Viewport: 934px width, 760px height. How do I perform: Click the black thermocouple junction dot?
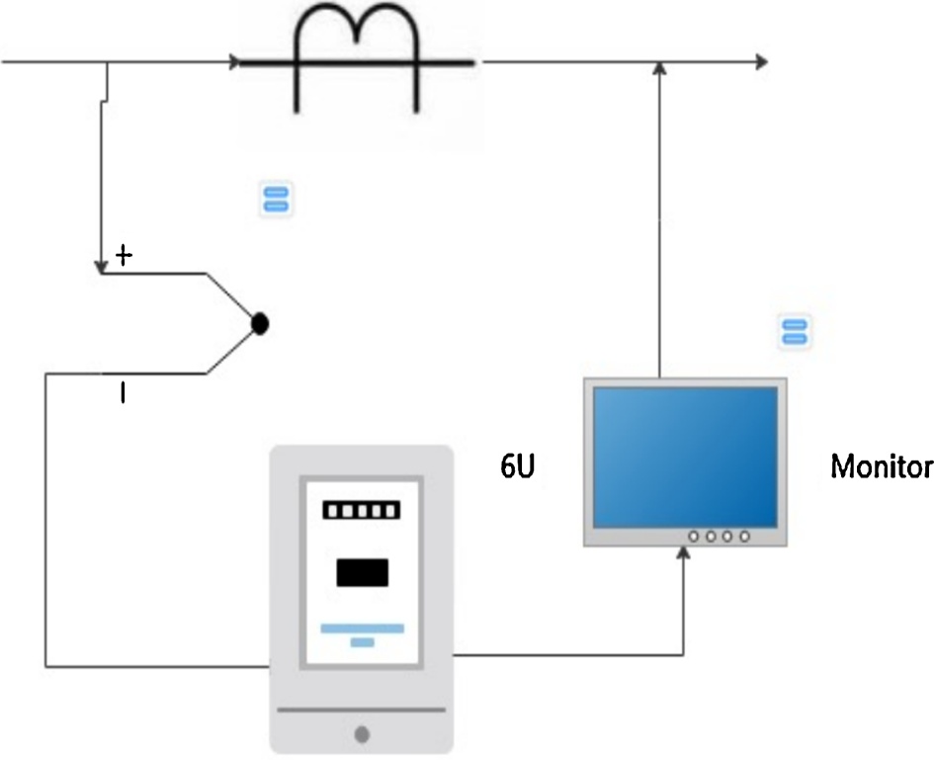coord(260,324)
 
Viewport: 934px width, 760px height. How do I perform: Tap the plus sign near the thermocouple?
coord(124,256)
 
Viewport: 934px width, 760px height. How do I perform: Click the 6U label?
coord(517,465)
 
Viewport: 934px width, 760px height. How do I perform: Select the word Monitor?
coord(882,465)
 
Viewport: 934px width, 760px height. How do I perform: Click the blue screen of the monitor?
coord(685,457)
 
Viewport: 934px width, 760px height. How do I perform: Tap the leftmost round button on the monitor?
coord(694,537)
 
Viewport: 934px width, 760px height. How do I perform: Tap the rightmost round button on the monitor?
coord(744,537)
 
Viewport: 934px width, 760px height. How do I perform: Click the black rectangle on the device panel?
coord(362,572)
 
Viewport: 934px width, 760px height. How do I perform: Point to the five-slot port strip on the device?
coord(362,510)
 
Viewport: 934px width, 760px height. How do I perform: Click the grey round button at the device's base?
coord(362,734)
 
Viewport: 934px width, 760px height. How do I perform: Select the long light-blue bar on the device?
coord(362,628)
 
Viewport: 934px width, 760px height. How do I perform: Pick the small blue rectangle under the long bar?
coord(362,642)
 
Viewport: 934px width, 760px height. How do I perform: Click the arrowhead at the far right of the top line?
coord(761,61)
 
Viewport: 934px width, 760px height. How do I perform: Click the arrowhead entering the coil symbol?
coord(234,61)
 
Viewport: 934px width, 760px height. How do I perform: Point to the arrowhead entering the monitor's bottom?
coord(683,553)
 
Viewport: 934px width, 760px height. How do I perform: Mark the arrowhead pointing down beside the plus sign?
coord(101,268)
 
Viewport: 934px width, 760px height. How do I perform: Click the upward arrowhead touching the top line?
coord(659,68)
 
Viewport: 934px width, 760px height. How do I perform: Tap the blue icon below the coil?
coord(275,199)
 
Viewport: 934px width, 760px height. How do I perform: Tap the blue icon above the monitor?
coord(795,332)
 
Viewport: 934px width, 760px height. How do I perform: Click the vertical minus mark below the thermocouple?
coord(123,393)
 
